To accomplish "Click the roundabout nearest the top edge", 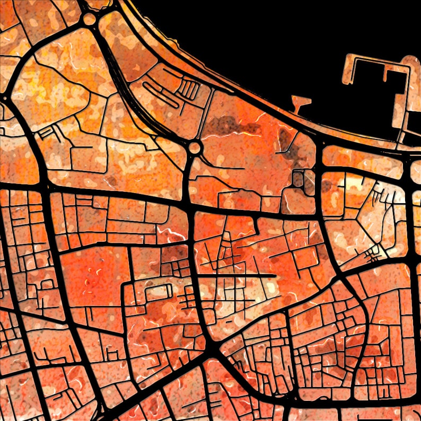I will click(x=90, y=19).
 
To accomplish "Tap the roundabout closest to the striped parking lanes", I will click(x=195, y=147).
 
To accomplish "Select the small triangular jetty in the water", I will click(x=301, y=102).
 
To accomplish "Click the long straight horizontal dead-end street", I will click(x=239, y=276).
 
